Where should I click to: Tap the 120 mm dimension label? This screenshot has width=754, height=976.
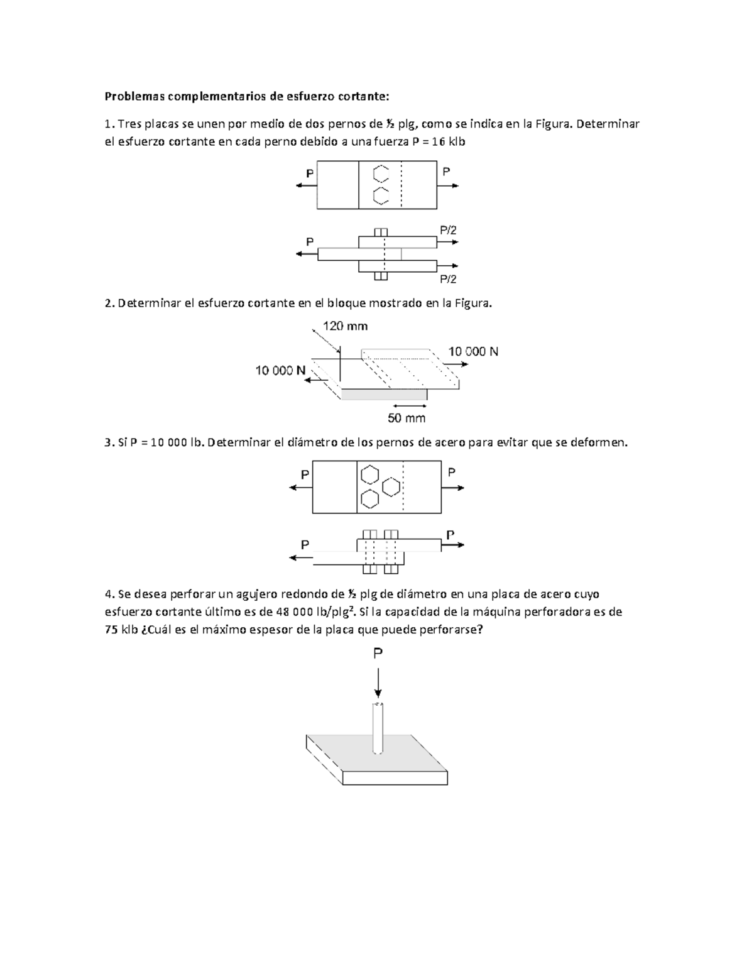click(345, 326)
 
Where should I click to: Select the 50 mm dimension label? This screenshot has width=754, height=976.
click(407, 419)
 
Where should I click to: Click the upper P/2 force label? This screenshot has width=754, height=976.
click(448, 231)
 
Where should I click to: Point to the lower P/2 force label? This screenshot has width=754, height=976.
click(448, 279)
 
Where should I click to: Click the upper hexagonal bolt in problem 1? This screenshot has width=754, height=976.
click(380, 173)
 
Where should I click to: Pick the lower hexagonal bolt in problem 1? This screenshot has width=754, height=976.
click(380, 195)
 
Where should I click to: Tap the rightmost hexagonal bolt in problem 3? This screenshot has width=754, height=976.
click(391, 486)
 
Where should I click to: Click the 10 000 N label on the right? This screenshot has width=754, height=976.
click(473, 352)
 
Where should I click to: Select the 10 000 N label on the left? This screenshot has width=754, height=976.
click(280, 371)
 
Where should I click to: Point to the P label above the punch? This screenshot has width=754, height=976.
click(378, 654)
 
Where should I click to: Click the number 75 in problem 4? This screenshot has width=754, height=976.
click(111, 630)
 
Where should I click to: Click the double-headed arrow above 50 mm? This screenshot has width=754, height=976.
click(407, 405)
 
